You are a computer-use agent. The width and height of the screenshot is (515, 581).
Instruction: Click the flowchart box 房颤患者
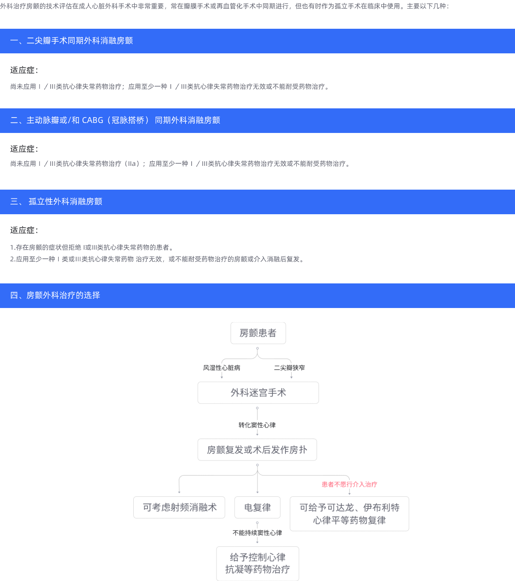258,333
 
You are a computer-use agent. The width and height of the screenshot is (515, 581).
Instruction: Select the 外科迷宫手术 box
258,393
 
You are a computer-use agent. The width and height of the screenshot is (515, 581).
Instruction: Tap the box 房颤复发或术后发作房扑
257,450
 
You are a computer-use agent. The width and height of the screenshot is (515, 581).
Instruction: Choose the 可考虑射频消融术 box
179,507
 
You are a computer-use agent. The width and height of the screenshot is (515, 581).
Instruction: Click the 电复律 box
257,507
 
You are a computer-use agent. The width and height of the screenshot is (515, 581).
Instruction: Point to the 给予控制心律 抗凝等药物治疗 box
257,563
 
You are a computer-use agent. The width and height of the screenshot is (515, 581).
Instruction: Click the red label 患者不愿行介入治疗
349,484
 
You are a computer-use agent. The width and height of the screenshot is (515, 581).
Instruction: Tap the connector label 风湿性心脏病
221,368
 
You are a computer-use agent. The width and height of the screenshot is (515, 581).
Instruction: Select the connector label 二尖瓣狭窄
289,368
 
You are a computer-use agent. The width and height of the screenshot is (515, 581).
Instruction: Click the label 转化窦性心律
257,425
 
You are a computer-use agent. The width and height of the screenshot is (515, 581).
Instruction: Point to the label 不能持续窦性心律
257,533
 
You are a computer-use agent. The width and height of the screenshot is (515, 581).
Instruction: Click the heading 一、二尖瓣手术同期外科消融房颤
71,41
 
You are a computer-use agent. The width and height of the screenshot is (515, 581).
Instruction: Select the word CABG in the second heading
92,120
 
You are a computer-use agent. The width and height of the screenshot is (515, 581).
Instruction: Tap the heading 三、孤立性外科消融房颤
56,202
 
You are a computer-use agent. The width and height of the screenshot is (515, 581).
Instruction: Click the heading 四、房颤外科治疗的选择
55,296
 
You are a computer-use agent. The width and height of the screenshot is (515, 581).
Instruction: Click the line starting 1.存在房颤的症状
92,248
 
